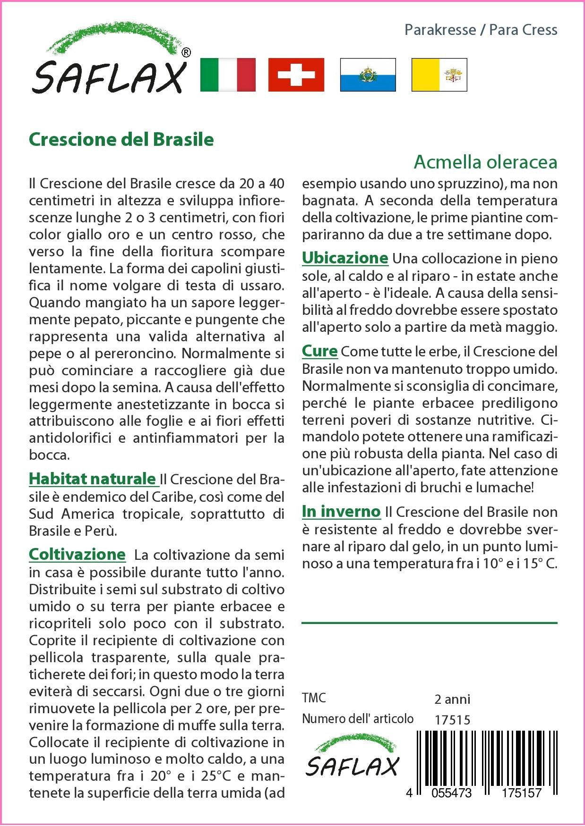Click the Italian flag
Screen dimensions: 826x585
click(228, 75)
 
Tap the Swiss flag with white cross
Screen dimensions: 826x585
click(296, 75)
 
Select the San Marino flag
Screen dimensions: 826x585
click(368, 75)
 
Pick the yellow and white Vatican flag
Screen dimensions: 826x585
click(439, 75)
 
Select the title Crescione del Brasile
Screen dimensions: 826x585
click(121, 139)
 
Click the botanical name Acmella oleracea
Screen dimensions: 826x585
click(485, 162)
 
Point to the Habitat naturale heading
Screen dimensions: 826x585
click(93, 479)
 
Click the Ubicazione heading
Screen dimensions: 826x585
click(345, 258)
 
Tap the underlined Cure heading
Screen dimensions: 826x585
click(319, 351)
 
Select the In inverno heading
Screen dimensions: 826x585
click(341, 511)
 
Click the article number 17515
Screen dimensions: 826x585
click(452, 720)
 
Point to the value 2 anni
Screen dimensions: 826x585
click(452, 699)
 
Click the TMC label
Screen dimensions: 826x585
click(314, 698)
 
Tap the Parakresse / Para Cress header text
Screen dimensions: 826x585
click(481, 30)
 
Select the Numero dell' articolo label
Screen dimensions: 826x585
click(358, 719)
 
